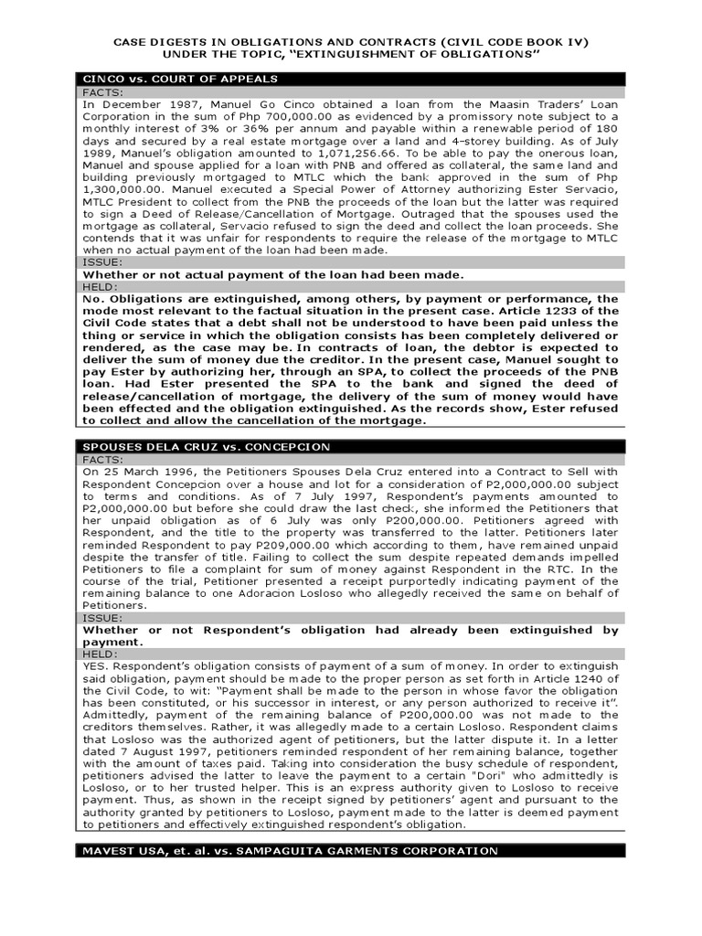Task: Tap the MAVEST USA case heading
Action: coord(277,850)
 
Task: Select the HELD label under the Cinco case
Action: coord(100,286)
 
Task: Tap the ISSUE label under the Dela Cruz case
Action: coord(102,617)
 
